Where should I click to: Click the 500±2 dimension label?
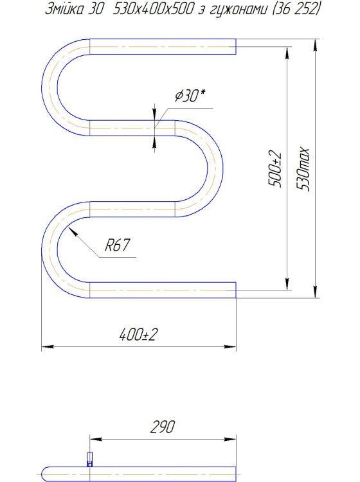coord(275,168)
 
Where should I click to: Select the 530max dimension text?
coord(303,169)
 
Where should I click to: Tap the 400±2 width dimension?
coord(138,334)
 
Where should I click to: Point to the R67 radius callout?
coord(118,245)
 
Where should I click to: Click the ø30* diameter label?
coord(190,96)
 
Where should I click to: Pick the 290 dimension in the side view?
coord(163,427)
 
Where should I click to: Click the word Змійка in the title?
coord(64,9)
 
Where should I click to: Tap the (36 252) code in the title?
coord(296,10)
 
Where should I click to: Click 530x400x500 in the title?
coord(154,9)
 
